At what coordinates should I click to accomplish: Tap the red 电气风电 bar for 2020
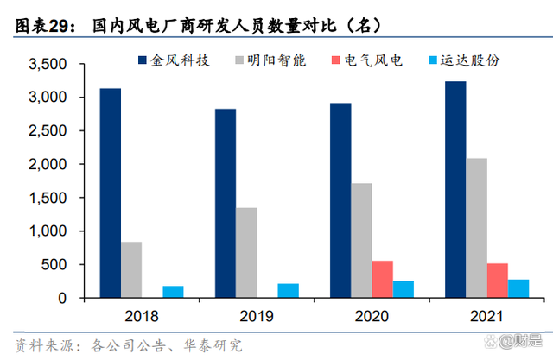pos(383,279)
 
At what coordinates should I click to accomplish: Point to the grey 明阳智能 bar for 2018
pos(131,269)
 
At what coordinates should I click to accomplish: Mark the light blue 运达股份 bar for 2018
pos(174,292)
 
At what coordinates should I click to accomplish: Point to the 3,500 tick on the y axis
pos(48,65)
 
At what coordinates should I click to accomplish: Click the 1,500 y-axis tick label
pos(48,198)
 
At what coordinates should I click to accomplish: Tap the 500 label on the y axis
pos(55,265)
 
